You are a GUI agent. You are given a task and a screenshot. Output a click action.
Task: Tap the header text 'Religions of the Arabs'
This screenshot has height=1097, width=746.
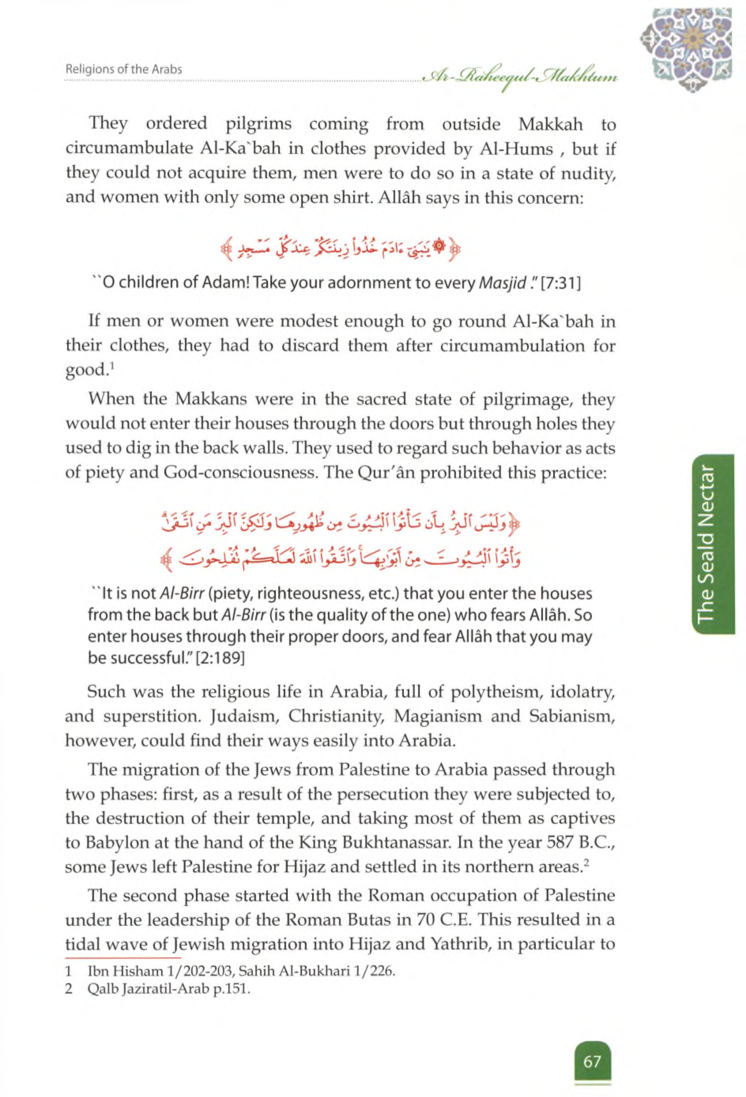124,70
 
